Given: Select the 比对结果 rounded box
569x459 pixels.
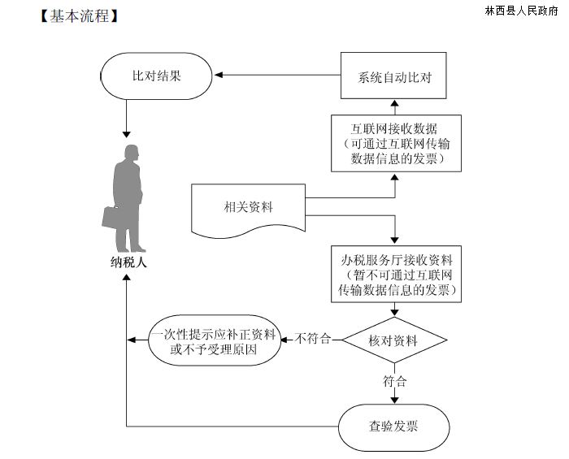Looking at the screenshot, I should point(156,76).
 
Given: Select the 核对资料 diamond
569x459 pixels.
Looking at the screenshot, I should point(394,341).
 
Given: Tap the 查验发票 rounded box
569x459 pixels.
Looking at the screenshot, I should point(394,426).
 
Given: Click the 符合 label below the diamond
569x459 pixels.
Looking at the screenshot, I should point(394,380).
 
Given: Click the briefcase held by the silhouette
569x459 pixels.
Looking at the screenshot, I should point(111,216).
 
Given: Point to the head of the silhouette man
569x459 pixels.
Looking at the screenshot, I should point(130,153).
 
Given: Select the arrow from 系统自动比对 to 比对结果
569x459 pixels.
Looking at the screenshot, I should point(276,76).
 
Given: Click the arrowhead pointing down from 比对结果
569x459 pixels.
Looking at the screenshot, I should point(126,132).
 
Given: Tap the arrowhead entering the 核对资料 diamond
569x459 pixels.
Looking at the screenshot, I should point(394,311).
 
